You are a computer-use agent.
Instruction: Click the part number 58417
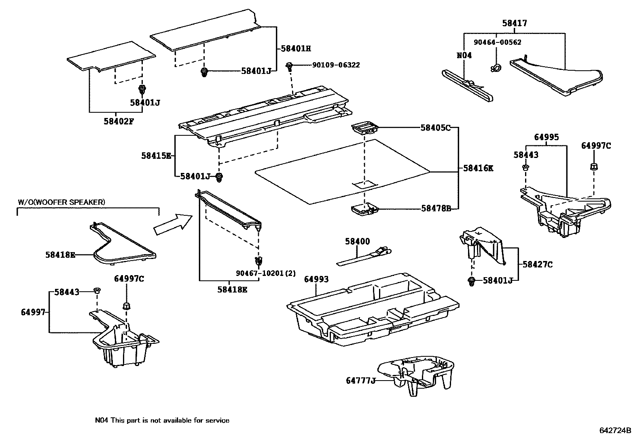pyautogui.click(x=515, y=23)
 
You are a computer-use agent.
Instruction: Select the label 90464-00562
pyautogui.click(x=498, y=42)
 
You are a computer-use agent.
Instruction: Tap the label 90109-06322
pyautogui.click(x=336, y=65)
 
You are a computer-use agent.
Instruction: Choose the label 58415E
pyautogui.click(x=156, y=155)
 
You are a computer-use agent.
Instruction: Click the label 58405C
pyautogui.click(x=435, y=128)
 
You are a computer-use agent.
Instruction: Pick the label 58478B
pyautogui.click(x=436, y=208)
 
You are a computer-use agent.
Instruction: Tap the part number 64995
pyautogui.click(x=546, y=137)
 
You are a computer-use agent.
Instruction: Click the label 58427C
pyautogui.click(x=537, y=265)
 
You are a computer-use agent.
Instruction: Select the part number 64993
pyautogui.click(x=316, y=279)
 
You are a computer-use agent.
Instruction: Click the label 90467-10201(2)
pyautogui.click(x=266, y=274)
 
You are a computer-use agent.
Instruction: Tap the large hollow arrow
pyautogui.click(x=172, y=225)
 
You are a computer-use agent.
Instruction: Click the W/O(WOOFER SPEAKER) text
pyautogui.click(x=61, y=202)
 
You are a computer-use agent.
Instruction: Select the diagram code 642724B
pyautogui.click(x=615, y=430)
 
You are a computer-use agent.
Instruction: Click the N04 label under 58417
pyautogui.click(x=464, y=55)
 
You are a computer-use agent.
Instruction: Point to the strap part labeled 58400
pyautogui.click(x=364, y=257)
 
